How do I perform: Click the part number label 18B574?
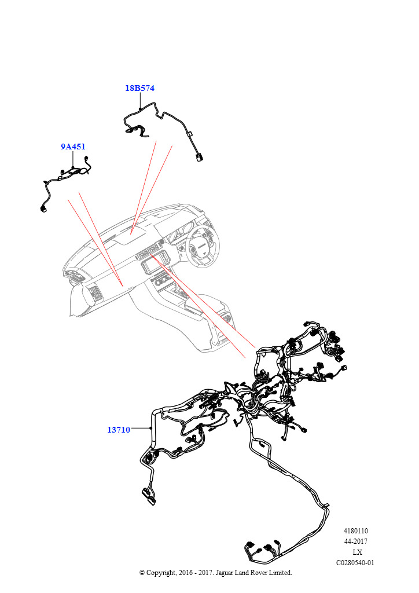140,88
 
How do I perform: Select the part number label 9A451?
73,147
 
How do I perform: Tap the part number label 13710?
119,430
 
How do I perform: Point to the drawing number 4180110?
355,531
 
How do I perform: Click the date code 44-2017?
355,541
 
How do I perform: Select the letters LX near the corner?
357,552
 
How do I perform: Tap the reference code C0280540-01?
355,563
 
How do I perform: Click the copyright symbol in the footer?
142,573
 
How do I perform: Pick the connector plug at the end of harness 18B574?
199,157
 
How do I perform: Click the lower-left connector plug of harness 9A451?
42,208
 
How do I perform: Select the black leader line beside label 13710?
141,428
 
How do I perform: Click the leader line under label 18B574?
140,101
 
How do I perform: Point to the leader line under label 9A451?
72,159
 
